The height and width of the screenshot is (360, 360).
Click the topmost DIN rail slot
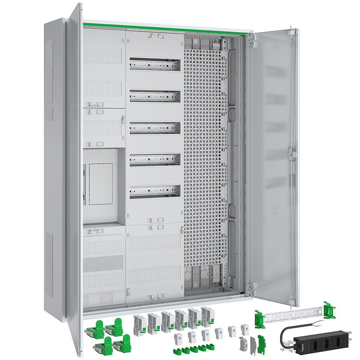(155, 64)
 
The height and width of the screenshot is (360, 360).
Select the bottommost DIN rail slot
(155, 191)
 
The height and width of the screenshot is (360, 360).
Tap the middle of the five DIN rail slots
(155, 128)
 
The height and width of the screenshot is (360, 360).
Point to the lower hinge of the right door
(252, 287)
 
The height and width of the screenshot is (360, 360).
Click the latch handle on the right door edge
(293, 153)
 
